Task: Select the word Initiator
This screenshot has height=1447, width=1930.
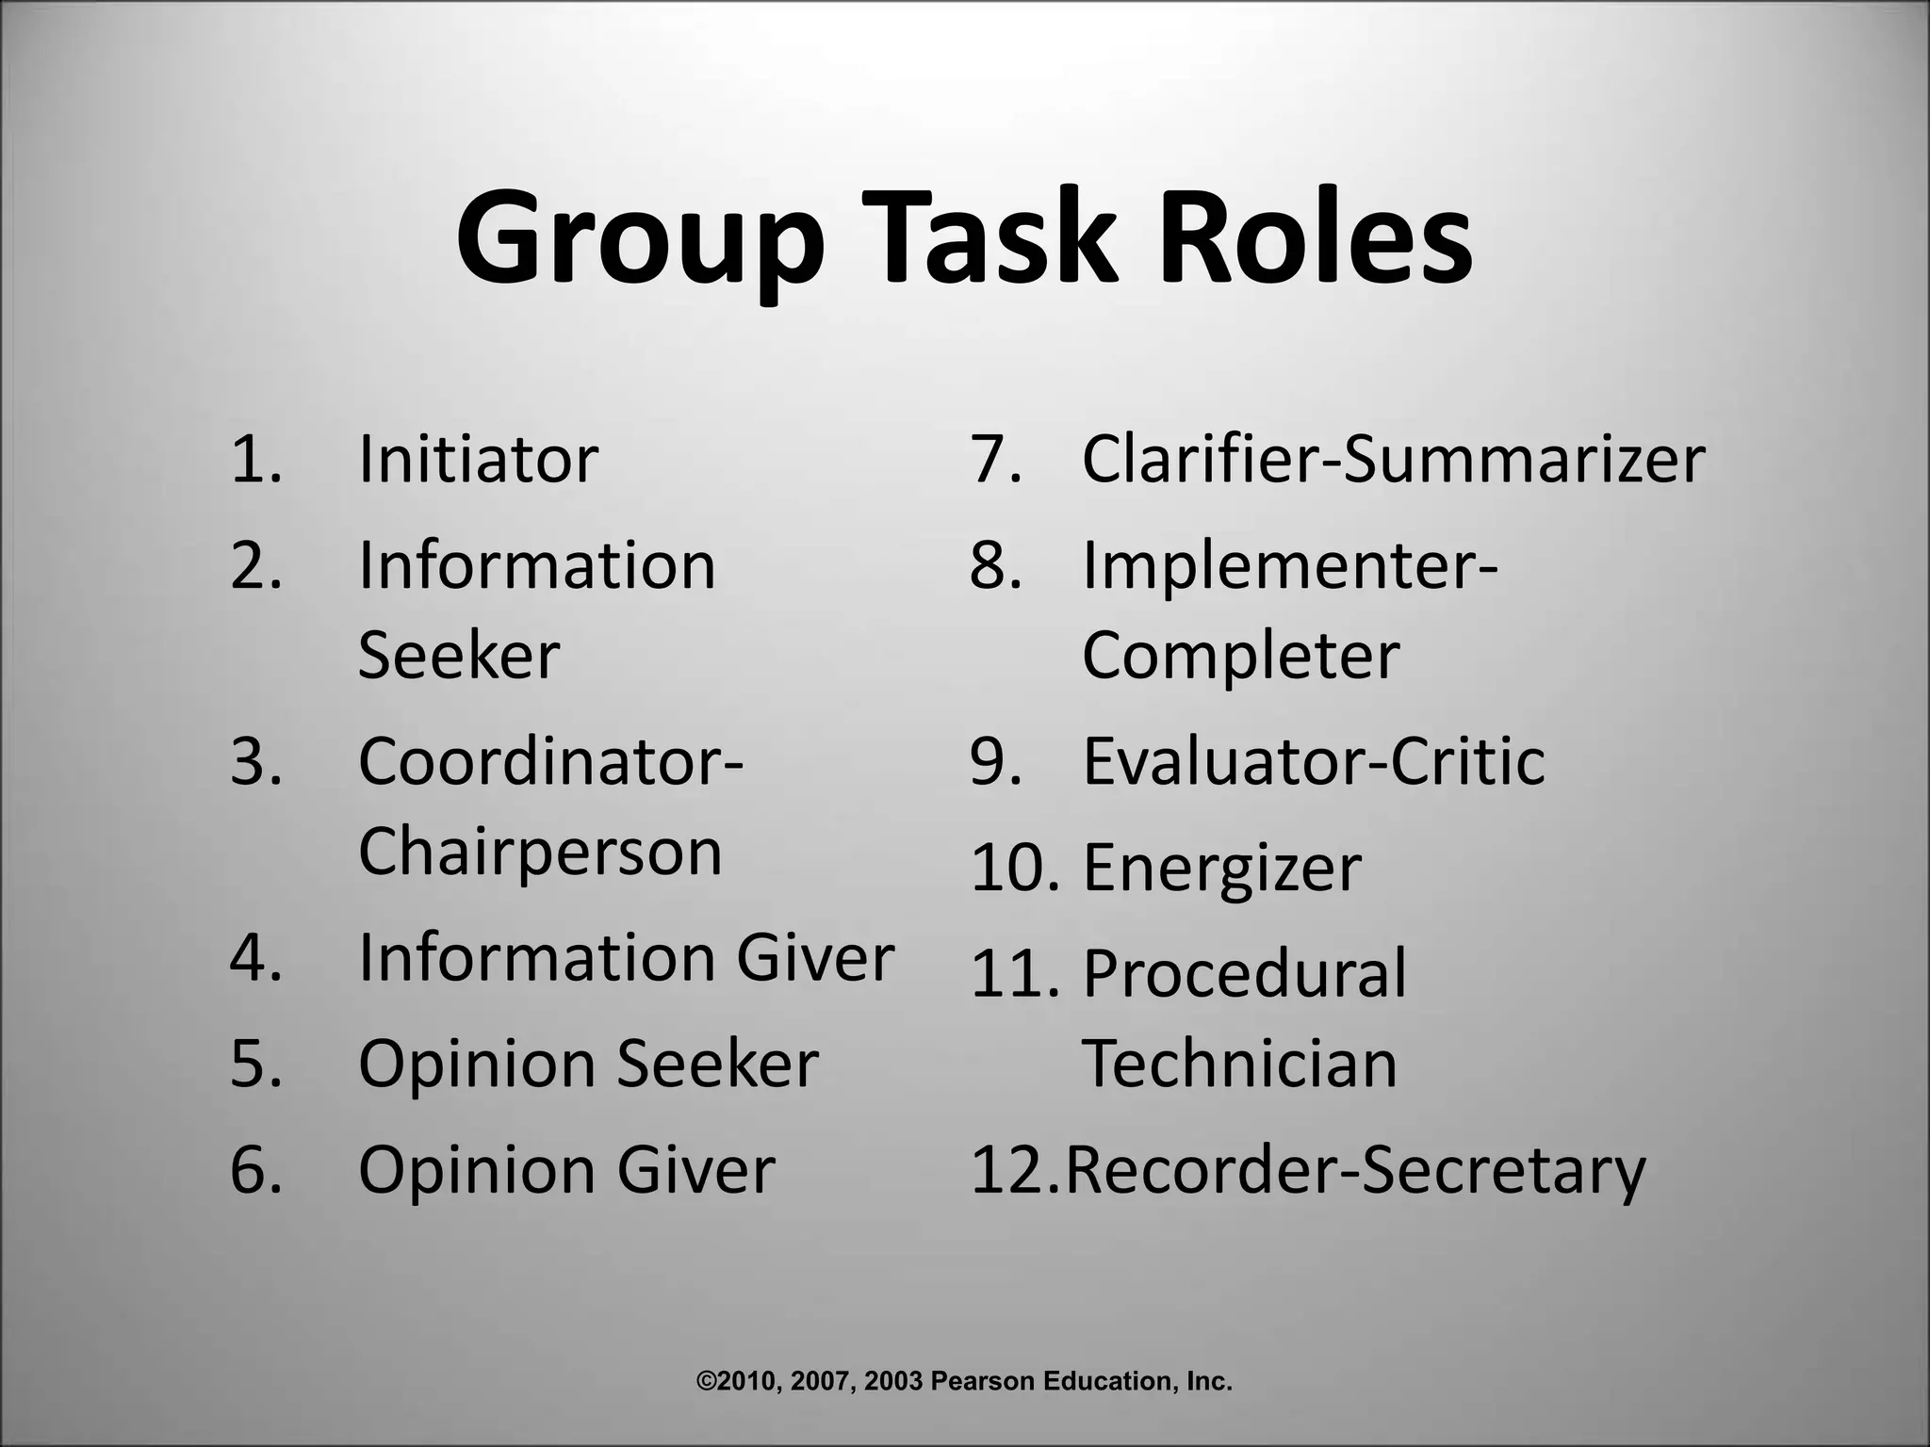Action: coord(478,459)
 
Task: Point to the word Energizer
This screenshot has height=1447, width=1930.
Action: coord(1221,869)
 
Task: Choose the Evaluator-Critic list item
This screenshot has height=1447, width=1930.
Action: coord(1314,761)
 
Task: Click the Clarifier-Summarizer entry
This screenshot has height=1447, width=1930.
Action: coord(1393,459)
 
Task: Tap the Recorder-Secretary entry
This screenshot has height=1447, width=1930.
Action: coord(1355,1170)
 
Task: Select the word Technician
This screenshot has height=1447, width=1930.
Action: coord(1239,1064)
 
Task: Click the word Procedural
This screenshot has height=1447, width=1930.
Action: coord(1244,973)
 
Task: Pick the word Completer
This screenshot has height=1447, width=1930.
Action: coord(1240,656)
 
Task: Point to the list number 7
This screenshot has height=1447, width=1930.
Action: coord(995,460)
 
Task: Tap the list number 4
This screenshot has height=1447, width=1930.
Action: coord(255,958)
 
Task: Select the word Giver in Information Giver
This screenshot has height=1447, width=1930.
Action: coord(814,958)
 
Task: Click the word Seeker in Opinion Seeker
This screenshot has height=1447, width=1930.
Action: coord(717,1065)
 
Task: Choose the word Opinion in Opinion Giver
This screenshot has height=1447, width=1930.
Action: coord(478,1171)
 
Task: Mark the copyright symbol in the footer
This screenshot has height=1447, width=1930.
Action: coord(706,1382)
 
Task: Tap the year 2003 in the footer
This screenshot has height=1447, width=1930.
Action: coord(893,1382)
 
